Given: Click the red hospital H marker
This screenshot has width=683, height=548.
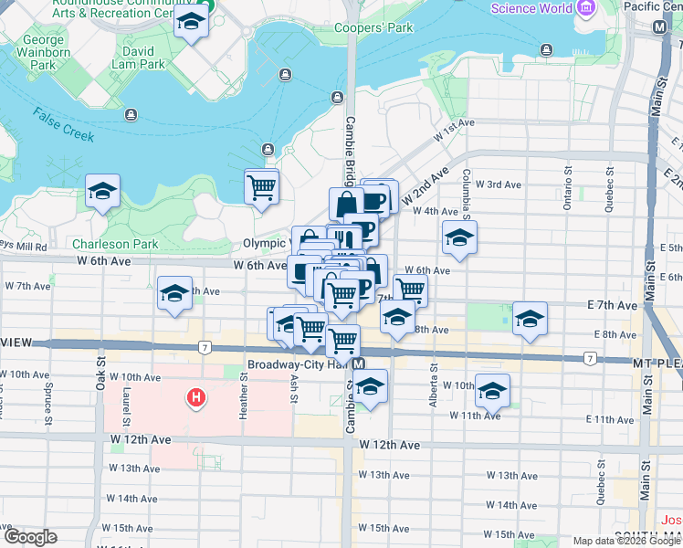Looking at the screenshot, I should click(194, 397).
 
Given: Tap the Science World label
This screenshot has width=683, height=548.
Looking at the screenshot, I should click(532, 9).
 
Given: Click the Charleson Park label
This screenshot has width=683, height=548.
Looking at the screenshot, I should click(115, 244).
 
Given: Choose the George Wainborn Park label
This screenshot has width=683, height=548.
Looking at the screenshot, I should click(44, 52).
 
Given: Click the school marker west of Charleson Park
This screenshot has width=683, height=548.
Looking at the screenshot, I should click(102, 192).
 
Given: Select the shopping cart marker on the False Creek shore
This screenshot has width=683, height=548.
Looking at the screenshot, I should click(262, 187).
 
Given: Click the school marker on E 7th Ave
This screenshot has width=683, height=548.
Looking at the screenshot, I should click(530, 320).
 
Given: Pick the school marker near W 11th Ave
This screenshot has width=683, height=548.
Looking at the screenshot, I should click(492, 392).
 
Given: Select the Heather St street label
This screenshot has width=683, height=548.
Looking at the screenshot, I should click(243, 402).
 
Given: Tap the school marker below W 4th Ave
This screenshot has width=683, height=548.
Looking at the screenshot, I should click(459, 238).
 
